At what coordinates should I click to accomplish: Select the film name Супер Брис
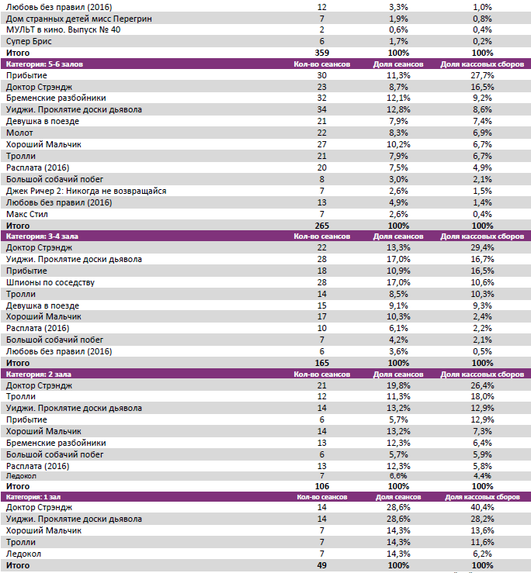tap(29, 40)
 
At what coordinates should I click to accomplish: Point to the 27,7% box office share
tap(481, 75)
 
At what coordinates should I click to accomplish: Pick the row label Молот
tap(19, 133)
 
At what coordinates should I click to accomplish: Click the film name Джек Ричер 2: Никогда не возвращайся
tap(85, 191)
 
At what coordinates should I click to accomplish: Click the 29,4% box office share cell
tap(481, 248)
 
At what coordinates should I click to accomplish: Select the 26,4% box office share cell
tap(481, 385)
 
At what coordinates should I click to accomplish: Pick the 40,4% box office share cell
tap(481, 508)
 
